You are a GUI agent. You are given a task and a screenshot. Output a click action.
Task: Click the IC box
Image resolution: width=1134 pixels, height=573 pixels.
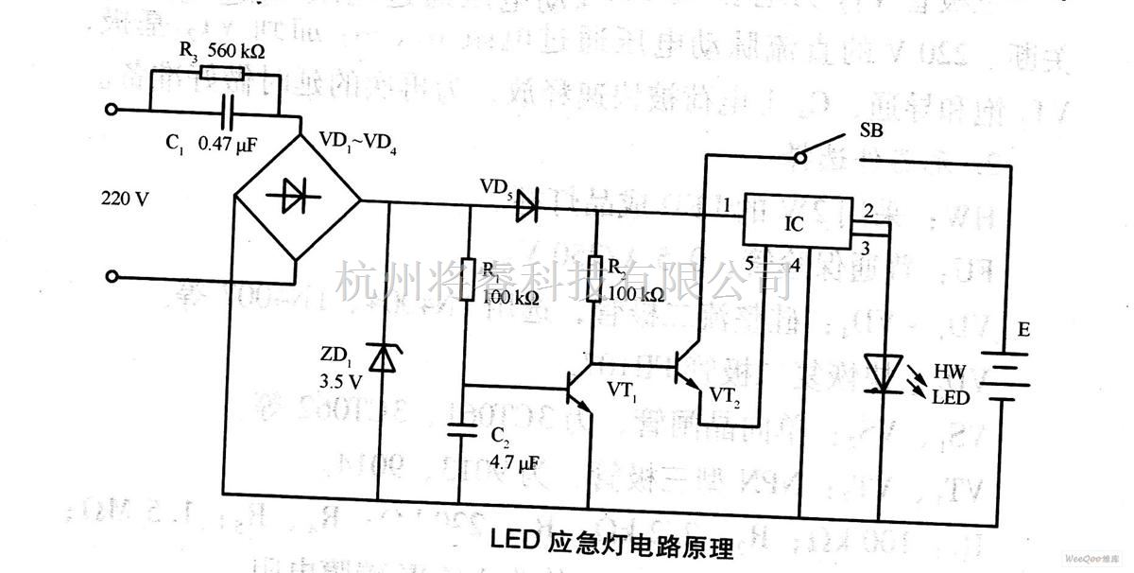tap(796, 222)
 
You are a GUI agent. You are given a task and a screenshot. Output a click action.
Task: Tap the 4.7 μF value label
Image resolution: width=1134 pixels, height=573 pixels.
tap(514, 463)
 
